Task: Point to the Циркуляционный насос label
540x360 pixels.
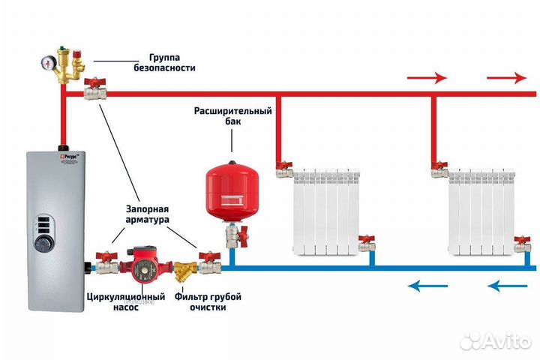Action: [x=125, y=301]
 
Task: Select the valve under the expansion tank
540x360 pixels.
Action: [x=233, y=238]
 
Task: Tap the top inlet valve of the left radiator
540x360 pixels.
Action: [x=283, y=169]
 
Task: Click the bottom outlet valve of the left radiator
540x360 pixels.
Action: [x=365, y=243]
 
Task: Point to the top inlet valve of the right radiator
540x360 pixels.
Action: [x=439, y=169]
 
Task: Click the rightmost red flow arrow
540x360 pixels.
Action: [x=507, y=78]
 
